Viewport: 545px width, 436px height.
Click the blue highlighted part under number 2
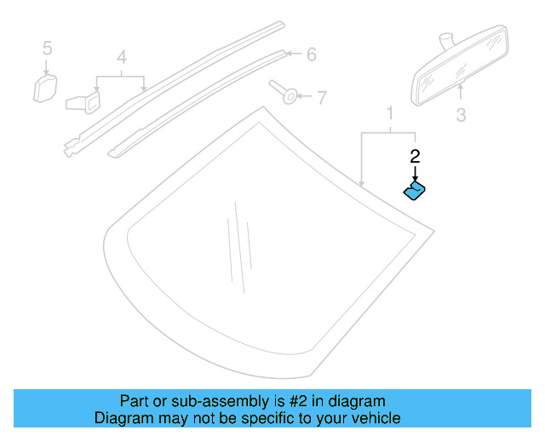[x=416, y=191]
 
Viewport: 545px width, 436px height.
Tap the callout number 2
[x=415, y=156]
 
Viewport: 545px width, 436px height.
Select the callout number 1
[x=390, y=113]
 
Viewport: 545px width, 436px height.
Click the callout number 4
[x=122, y=58]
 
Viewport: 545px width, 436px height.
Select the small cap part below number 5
[x=45, y=87]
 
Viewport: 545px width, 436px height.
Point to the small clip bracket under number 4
[x=82, y=100]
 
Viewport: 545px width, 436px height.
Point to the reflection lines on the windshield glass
[x=238, y=247]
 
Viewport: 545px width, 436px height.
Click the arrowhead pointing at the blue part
[x=415, y=177]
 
